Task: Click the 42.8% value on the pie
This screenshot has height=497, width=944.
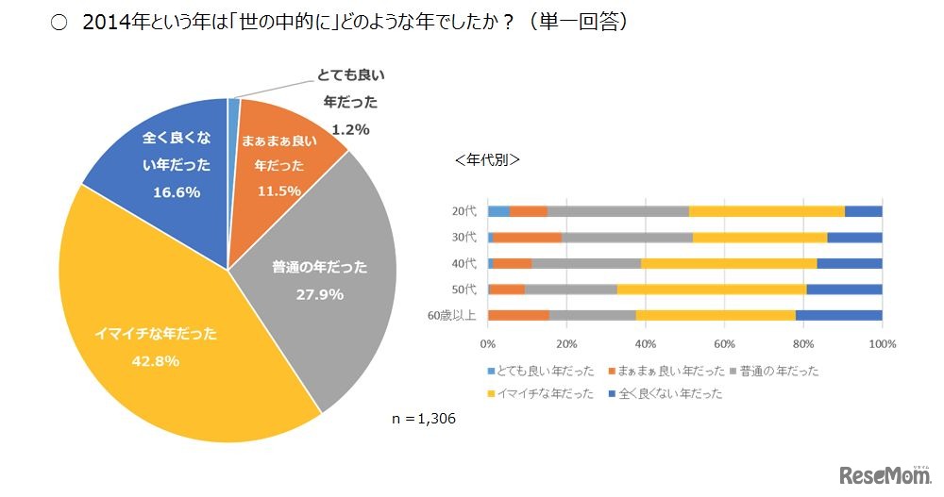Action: (x=156, y=361)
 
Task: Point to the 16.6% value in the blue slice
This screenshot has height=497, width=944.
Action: (x=177, y=191)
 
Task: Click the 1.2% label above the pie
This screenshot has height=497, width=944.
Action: (x=349, y=129)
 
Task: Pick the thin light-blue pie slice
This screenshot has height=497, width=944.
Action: (x=233, y=108)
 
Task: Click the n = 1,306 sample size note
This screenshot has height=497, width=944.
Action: (x=424, y=418)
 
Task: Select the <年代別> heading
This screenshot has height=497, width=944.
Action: (x=487, y=159)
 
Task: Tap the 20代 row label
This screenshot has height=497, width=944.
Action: (x=464, y=211)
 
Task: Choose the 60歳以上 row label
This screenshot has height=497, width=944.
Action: (x=455, y=316)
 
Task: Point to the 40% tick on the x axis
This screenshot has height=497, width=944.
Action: (x=646, y=343)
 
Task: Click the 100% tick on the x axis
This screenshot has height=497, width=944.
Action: (x=881, y=343)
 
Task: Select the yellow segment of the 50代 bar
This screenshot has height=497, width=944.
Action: (x=712, y=290)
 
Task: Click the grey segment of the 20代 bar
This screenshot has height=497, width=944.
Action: (x=618, y=211)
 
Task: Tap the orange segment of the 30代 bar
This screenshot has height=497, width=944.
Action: (x=527, y=238)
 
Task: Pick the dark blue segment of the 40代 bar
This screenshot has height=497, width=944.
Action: (x=850, y=263)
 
